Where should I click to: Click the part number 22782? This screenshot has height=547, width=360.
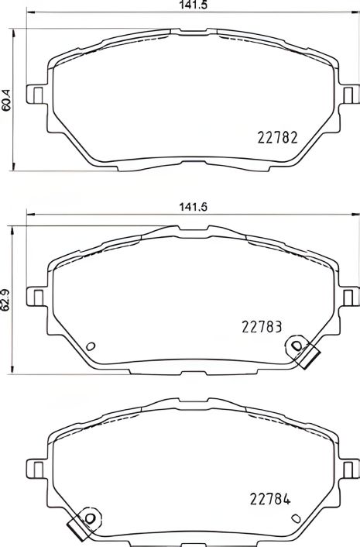click(277, 139)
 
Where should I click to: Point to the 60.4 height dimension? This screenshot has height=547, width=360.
click(6, 100)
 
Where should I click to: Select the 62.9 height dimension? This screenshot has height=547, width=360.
click(6, 298)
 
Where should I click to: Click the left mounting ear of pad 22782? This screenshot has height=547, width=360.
click(35, 94)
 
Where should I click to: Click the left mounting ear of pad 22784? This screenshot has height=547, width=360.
click(35, 470)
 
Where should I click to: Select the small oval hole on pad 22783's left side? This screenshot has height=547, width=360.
click(90, 346)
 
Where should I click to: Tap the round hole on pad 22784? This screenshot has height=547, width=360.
click(91, 518)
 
